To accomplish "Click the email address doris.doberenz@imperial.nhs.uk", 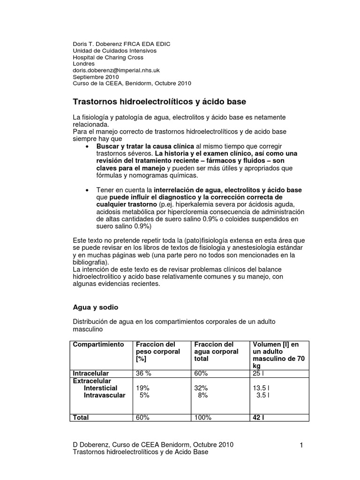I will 116,70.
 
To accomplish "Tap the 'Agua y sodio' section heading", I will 96,307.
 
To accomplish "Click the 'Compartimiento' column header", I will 98,345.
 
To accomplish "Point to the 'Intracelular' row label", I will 90,373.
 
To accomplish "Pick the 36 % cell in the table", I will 143,373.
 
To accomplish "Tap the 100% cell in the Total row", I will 202,417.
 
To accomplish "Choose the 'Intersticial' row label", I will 100,388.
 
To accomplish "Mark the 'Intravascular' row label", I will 105,395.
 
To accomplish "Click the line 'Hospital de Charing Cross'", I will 108,57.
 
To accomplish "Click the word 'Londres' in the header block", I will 83,64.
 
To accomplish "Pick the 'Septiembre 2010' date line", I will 96,77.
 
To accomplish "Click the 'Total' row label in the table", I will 81,417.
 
